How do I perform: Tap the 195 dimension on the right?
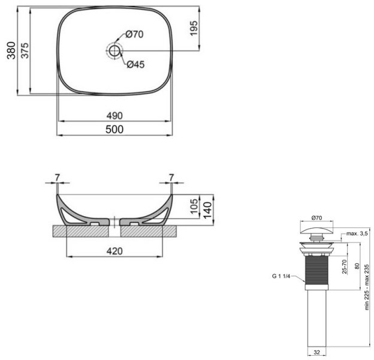pos(193,29)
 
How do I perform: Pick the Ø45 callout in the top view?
pos(135,65)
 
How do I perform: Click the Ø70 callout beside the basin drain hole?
pos(134,34)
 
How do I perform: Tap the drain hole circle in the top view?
pos(114,50)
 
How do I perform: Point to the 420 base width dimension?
pos(114,251)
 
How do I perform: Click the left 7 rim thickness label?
pos(57,177)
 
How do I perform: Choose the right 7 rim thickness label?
pos(171,177)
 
